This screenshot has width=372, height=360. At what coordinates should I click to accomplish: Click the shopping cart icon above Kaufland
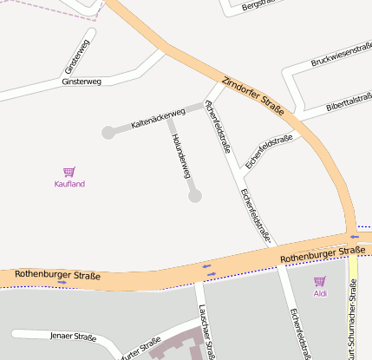[x=69, y=172]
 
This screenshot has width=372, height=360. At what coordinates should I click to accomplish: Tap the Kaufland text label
[x=69, y=184]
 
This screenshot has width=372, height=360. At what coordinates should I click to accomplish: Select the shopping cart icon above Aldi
[x=320, y=281]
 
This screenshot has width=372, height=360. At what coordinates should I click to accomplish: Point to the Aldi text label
[x=320, y=293]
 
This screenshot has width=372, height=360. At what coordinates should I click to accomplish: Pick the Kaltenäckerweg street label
[x=158, y=119]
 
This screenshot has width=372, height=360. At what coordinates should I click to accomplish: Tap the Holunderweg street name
[x=180, y=156]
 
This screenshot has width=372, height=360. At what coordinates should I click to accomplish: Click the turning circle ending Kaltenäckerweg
[x=108, y=133]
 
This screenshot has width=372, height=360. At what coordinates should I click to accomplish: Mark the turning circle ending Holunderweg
[x=195, y=196]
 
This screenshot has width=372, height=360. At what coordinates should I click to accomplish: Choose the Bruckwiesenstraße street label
[x=341, y=55]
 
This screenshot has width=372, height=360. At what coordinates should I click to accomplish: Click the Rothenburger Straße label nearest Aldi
[x=323, y=254]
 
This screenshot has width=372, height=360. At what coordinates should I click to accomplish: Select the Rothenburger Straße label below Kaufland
[x=57, y=276]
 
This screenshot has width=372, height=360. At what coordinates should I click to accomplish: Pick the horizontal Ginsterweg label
[x=82, y=82]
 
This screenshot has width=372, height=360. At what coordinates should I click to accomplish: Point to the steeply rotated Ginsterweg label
[x=76, y=56]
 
